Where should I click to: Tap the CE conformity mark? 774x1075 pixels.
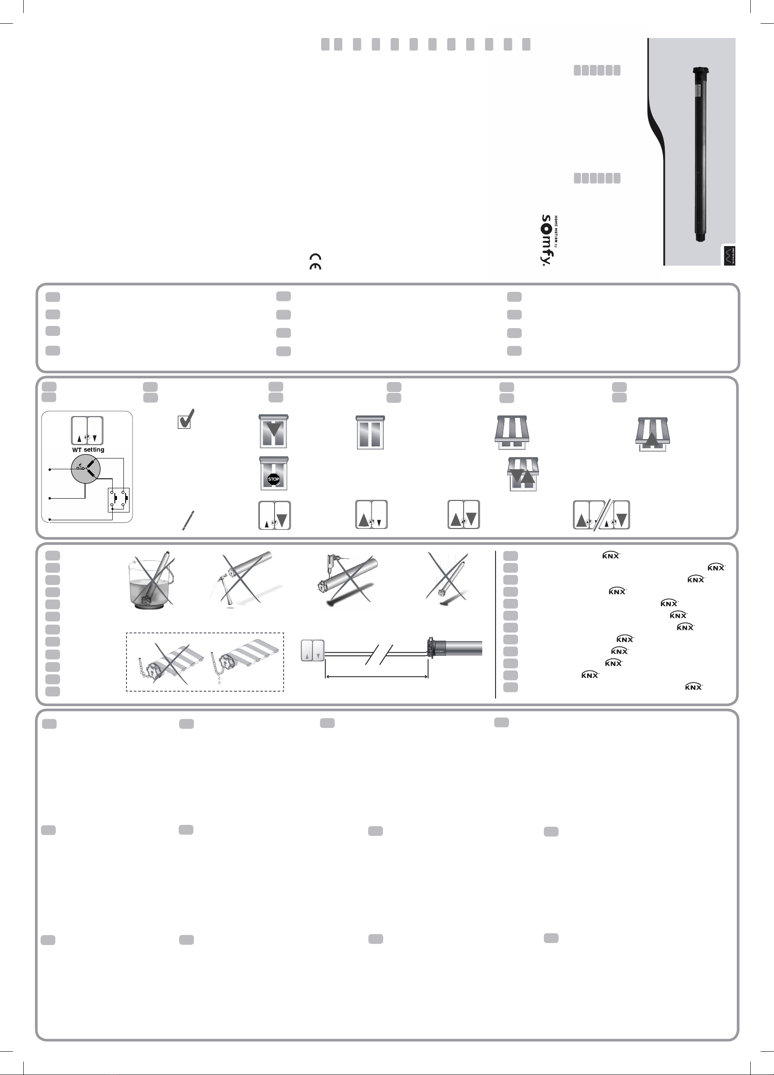(315, 261)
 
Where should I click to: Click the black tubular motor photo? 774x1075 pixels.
(700, 154)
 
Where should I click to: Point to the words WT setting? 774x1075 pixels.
(88, 449)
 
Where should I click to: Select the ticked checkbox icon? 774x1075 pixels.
(185, 420)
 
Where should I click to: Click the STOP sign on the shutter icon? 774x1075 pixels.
(274, 479)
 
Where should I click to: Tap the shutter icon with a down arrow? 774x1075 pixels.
(274, 431)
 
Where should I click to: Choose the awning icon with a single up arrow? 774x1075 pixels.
(653, 434)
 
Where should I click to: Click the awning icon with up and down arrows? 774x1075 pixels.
(523, 474)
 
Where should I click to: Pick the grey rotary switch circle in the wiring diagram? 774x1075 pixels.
(86, 469)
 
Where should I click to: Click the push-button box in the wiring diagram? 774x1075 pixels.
(118, 500)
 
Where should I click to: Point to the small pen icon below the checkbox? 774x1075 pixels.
(188, 520)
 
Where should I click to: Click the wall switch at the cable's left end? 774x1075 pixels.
(313, 651)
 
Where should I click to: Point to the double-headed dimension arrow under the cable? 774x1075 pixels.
(377, 677)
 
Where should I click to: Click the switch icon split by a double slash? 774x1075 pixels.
(601, 515)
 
